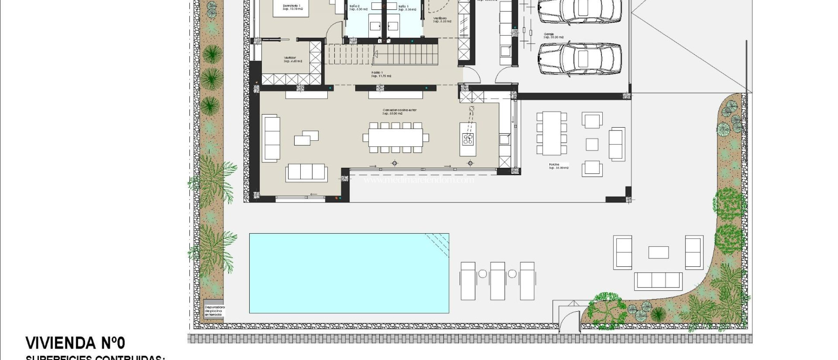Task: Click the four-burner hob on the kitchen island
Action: click(468, 139)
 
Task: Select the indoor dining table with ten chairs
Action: click(395, 137)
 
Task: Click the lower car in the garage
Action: click(579, 60)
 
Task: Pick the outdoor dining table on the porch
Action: click(552, 133)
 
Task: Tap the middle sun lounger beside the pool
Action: click(498, 281)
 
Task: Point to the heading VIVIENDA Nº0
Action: click(75, 343)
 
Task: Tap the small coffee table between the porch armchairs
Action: click(592, 144)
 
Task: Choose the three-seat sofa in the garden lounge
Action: click(658, 281)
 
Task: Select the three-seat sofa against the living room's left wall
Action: click(271, 139)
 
